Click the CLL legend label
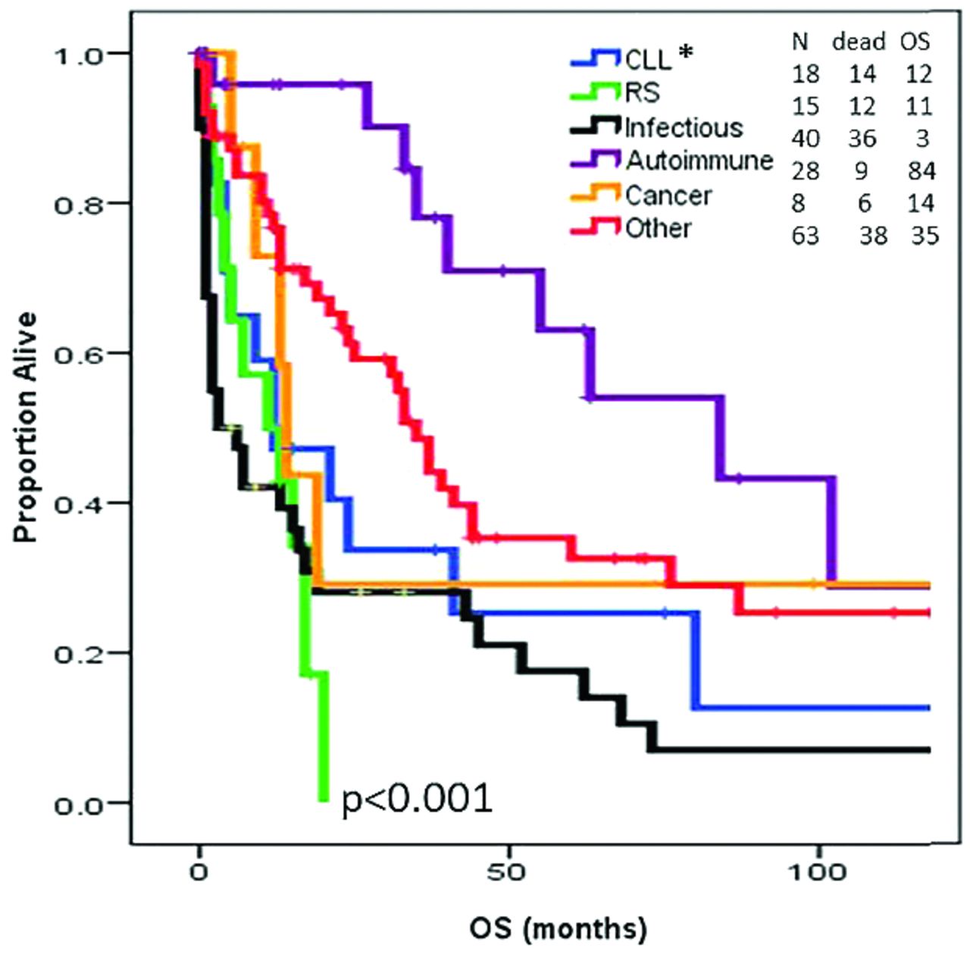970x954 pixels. pyautogui.click(x=648, y=59)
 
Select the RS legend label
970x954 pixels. pyautogui.click(x=642, y=92)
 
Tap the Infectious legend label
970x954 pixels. pyautogui.click(x=683, y=127)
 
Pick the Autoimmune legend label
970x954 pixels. pyautogui.click(x=699, y=161)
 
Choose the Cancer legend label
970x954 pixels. pyautogui.click(x=668, y=195)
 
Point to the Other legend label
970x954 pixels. pyautogui.click(x=658, y=228)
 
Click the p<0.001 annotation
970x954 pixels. pyautogui.click(x=417, y=799)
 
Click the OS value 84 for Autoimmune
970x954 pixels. pyautogui.click(x=921, y=170)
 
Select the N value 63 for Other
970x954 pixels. pyautogui.click(x=806, y=236)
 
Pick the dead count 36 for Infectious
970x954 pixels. pyautogui.click(x=862, y=139)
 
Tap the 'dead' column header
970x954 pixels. pyautogui.click(x=859, y=42)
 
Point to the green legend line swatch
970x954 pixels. pyautogui.click(x=595, y=92)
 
